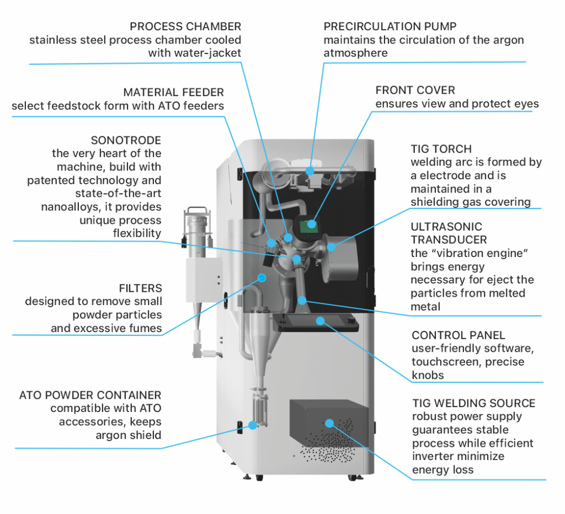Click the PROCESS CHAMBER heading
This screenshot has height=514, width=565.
(185, 26)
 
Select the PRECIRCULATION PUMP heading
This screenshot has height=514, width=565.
(390, 26)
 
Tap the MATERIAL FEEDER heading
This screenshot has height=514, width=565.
(173, 92)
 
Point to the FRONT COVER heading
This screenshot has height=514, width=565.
(415, 90)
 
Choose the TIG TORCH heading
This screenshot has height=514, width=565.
(441, 149)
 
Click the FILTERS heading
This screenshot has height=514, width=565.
(140, 288)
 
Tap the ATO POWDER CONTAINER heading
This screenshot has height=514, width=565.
(90, 395)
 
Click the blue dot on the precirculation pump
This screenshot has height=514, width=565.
(311, 170)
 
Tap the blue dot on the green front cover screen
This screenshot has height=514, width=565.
(312, 224)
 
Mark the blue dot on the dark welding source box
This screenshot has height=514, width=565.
(329, 424)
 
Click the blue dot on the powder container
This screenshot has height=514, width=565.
(253, 425)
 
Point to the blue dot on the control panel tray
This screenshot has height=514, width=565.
(319, 320)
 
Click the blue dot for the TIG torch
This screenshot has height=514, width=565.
(331, 247)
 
